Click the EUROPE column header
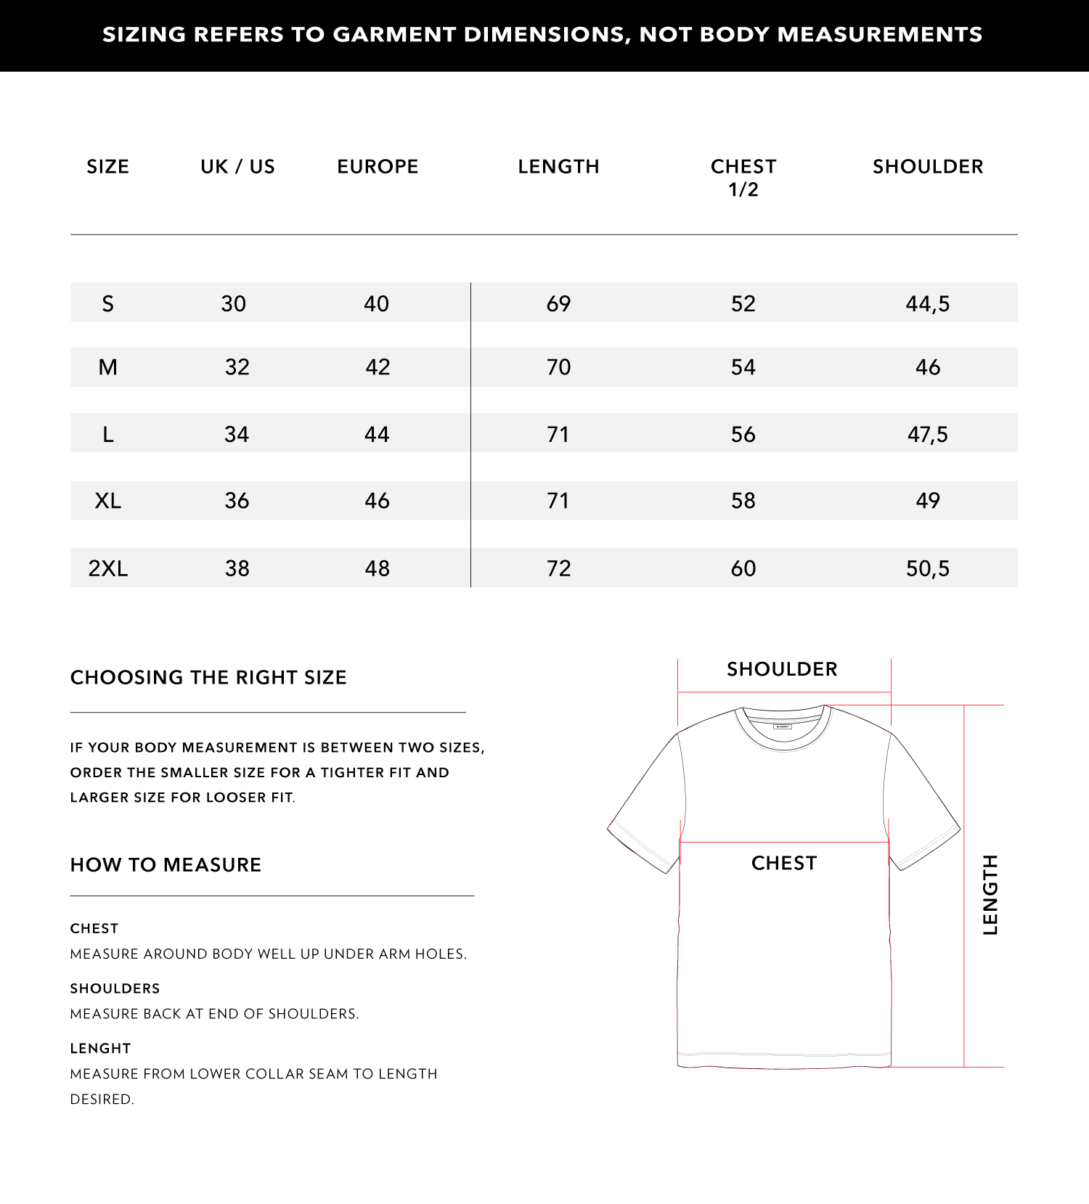[x=378, y=167]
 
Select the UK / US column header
[x=237, y=167]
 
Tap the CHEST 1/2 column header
[x=743, y=178]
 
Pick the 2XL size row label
[x=108, y=568]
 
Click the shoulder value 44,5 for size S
[x=927, y=303]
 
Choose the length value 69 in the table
[x=558, y=303]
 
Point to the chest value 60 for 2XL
[x=743, y=568]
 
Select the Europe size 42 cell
[x=378, y=367]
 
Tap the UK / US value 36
[x=237, y=501]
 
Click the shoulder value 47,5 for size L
[x=927, y=435]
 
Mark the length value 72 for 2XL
[x=558, y=568]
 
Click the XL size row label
[x=108, y=501]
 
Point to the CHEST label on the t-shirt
[x=784, y=863]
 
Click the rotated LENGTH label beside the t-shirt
[x=990, y=895]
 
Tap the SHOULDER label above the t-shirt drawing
[x=782, y=669]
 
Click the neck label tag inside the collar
[x=782, y=726]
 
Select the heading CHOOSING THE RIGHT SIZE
[x=208, y=678]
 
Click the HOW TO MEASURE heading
[x=166, y=865]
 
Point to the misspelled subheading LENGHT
[x=100, y=1049]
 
